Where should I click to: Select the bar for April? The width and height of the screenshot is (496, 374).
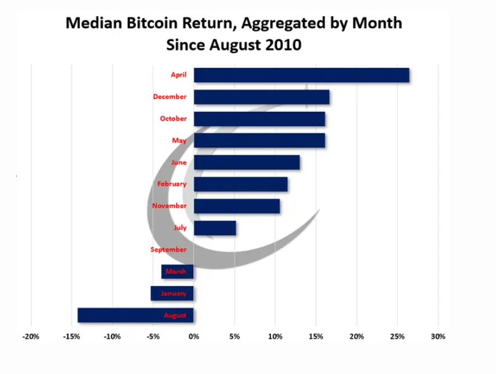pyautogui.click(x=301, y=75)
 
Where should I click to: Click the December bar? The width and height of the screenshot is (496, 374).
pyautogui.click(x=261, y=97)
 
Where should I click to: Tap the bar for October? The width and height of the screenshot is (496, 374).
pyautogui.click(x=259, y=119)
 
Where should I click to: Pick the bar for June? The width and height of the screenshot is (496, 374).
pyautogui.click(x=247, y=163)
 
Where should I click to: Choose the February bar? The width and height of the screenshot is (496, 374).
pyautogui.click(x=240, y=184)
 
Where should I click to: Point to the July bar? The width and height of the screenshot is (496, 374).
pyautogui.click(x=214, y=228)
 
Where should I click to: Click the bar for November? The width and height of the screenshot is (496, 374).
pyautogui.click(x=237, y=206)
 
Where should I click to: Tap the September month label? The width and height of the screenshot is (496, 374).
pyautogui.click(x=168, y=250)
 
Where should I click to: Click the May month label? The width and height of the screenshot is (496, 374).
pyautogui.click(x=179, y=141)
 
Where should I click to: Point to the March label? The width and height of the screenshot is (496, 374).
pyautogui.click(x=176, y=272)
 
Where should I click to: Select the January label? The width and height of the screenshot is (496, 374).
pyautogui.click(x=174, y=294)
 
